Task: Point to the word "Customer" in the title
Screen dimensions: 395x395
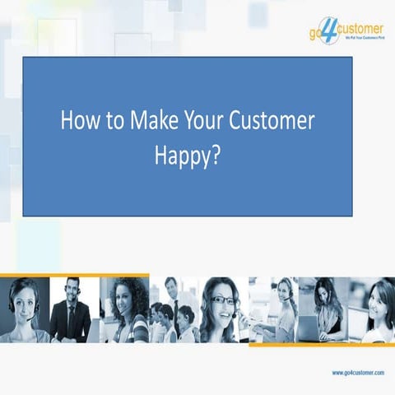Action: tap(276, 121)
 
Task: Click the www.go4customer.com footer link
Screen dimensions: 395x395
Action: tap(358, 373)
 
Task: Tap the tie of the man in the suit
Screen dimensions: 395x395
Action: tap(72, 316)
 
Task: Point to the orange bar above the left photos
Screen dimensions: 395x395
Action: tap(74, 275)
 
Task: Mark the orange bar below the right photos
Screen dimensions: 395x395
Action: tap(321, 345)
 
